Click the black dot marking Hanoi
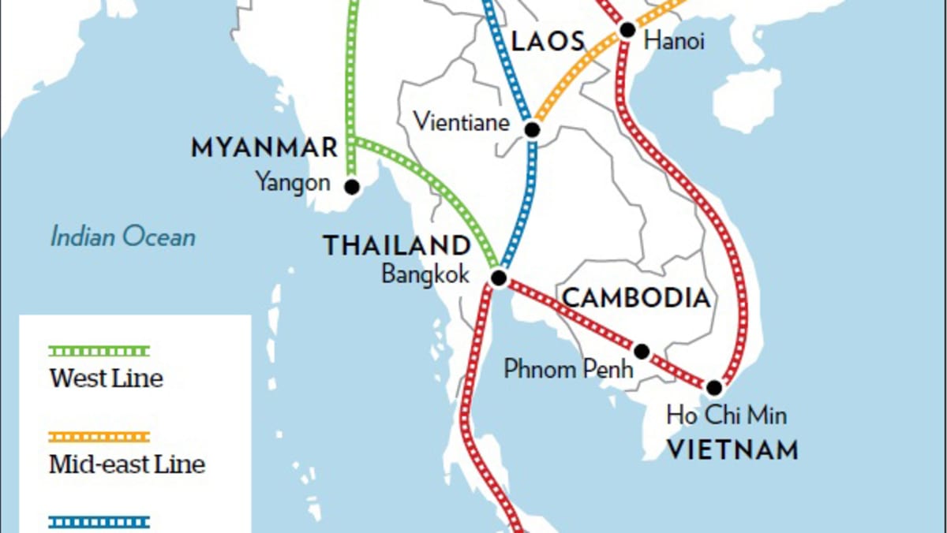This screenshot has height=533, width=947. click(627, 31)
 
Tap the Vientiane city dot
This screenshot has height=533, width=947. click(533, 129)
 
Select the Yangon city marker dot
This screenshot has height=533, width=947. click(352, 187)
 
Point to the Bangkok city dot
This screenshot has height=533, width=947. click(499, 278)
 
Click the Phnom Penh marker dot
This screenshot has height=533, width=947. click(642, 351)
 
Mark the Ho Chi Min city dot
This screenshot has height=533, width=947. click(714, 388)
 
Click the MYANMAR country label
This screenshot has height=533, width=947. click(264, 147)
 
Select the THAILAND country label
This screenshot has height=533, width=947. click(396, 245)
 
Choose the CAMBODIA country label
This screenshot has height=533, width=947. click(636, 298)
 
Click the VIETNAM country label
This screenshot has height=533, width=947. click(732, 450)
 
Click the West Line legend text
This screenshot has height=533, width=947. click(106, 378)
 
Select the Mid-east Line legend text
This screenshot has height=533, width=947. click(127, 464)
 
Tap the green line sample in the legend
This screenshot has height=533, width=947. click(99, 351)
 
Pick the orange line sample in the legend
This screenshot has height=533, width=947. click(99, 437)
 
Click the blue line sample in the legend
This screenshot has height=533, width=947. click(99, 521)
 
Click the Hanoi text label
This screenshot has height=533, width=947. click(675, 42)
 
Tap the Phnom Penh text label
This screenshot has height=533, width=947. click(568, 368)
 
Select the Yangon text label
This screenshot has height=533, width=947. click(292, 183)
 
